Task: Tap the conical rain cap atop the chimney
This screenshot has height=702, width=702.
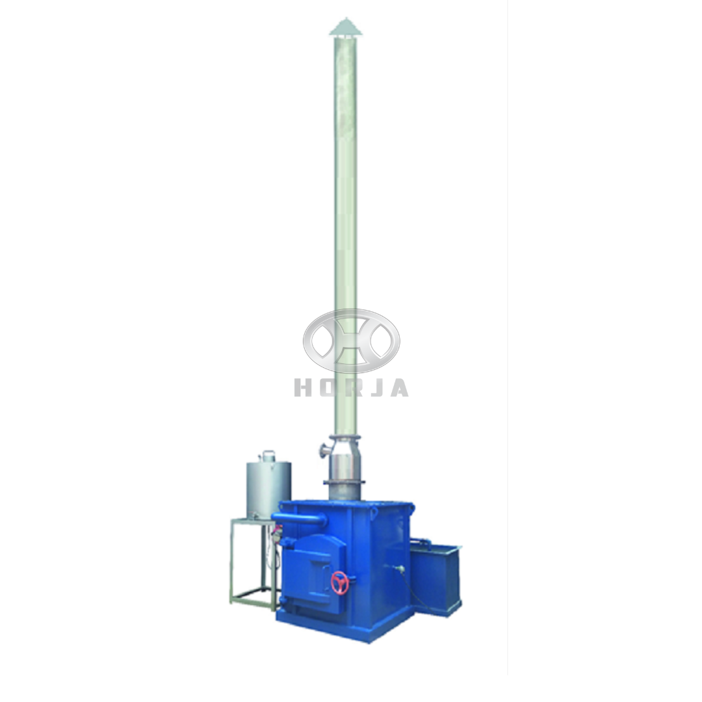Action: (344, 27)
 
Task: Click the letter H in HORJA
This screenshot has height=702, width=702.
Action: (302, 387)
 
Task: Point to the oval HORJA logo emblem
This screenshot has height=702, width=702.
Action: (352, 341)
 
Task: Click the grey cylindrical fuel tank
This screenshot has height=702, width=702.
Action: (268, 489)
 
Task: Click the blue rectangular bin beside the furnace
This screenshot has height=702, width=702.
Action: (435, 575)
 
